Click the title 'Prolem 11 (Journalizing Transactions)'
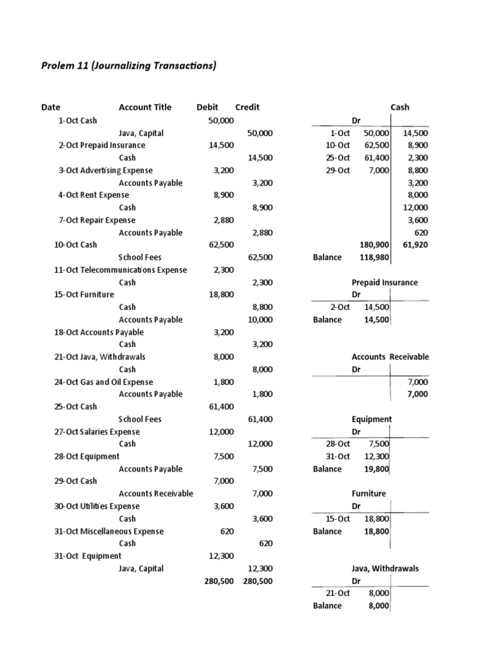click(129, 65)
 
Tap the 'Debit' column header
click(207, 107)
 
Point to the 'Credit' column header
click(247, 107)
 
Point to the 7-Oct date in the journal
click(69, 220)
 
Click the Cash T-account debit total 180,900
click(375, 245)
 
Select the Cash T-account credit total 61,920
click(414, 245)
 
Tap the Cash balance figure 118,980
click(375, 257)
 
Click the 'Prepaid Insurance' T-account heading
click(385, 282)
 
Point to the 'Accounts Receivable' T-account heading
click(390, 357)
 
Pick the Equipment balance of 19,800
click(376, 469)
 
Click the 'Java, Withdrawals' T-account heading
click(385, 568)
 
